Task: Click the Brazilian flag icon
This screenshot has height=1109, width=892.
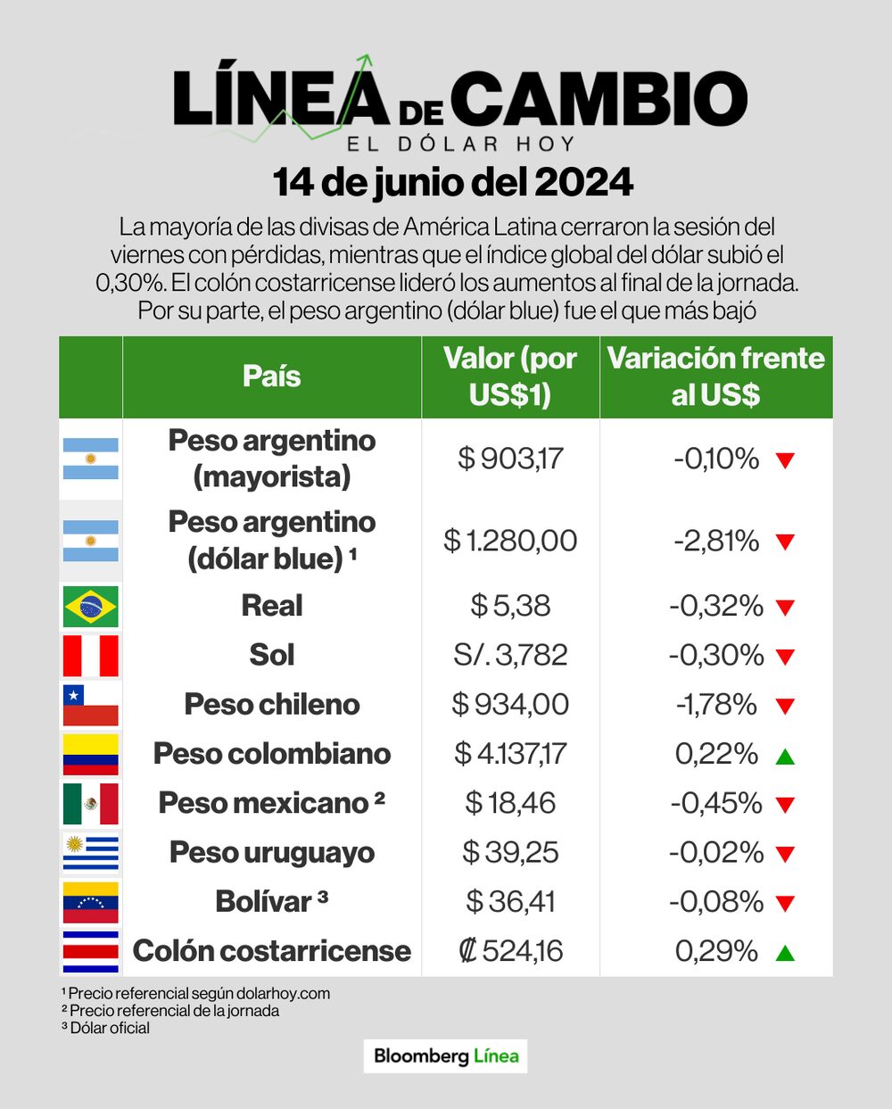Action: pos(90,607)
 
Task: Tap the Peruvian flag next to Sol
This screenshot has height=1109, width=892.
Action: pos(90,656)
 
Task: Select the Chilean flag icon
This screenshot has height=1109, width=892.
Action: pos(90,705)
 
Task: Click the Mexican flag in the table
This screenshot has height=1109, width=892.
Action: pos(90,803)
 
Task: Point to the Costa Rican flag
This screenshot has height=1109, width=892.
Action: pos(90,951)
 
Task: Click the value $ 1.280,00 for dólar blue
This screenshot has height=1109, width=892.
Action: pos(510,541)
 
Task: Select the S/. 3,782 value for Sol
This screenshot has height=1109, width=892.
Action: pos(510,656)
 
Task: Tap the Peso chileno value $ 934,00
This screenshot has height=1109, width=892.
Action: pos(510,705)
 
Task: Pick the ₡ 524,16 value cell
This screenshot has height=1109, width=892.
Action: pos(510,951)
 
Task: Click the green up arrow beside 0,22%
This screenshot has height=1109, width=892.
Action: pos(785,757)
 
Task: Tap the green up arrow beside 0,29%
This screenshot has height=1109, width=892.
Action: pos(785,953)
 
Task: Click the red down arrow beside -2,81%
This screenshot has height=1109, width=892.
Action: pos(785,542)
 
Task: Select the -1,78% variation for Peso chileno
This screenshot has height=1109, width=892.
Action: pos(715,705)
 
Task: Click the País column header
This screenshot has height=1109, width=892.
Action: pos(271,377)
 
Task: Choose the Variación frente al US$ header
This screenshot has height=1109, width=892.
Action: pos(715,377)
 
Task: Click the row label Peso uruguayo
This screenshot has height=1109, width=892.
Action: pos(271,853)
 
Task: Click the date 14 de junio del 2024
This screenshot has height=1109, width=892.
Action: pos(453,183)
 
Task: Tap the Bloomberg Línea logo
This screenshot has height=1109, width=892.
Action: pos(446,1056)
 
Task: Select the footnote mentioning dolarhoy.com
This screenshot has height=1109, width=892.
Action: pos(196,993)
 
